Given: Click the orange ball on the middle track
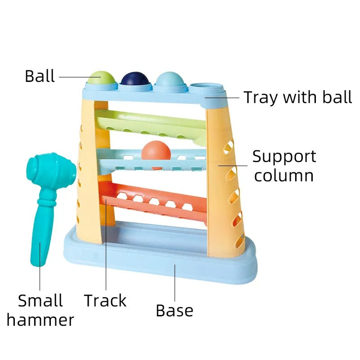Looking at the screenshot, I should [156, 151].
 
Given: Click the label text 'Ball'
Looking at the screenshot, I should [40, 76].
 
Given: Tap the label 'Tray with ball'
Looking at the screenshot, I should [297, 97].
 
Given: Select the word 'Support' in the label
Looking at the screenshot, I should [284, 157].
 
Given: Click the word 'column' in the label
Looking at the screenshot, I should [284, 175].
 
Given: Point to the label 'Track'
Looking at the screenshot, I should [105, 301].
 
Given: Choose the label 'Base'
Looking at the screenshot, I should [175, 310].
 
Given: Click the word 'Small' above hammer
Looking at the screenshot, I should [40, 301].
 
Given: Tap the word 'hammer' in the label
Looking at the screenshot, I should [40, 320].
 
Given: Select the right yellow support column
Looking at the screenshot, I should [225, 180].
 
